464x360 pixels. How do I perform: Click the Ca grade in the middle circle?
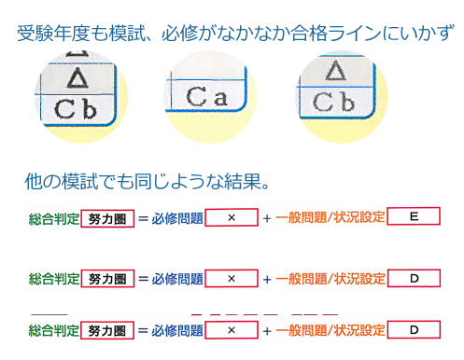coord(206,97)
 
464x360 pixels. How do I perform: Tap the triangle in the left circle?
coord(77,77)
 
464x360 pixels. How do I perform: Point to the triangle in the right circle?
coord(335,71)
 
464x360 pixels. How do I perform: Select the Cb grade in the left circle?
coord(75,109)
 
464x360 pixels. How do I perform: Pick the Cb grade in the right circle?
coord(333,102)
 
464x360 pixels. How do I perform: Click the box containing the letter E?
coord(414,216)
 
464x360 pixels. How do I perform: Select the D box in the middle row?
coord(414,278)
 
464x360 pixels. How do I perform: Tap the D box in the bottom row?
coord(414,330)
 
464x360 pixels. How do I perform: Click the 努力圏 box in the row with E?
coord(107,219)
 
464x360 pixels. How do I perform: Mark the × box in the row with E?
coord(232,217)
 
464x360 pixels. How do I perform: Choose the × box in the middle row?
coord(232,279)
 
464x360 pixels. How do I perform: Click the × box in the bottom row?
coord(232,330)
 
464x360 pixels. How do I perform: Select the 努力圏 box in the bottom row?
coord(107,330)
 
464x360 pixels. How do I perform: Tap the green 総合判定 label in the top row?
coord(54,219)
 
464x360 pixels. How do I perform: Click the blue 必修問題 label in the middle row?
coord(177,279)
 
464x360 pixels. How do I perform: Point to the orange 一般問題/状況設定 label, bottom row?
coord(330,330)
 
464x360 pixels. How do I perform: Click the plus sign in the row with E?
coord(267,218)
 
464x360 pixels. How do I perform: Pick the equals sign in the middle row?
coord(143,279)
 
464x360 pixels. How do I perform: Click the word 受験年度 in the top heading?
coord(53,34)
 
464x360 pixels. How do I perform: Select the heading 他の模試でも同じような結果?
coord(147,181)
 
